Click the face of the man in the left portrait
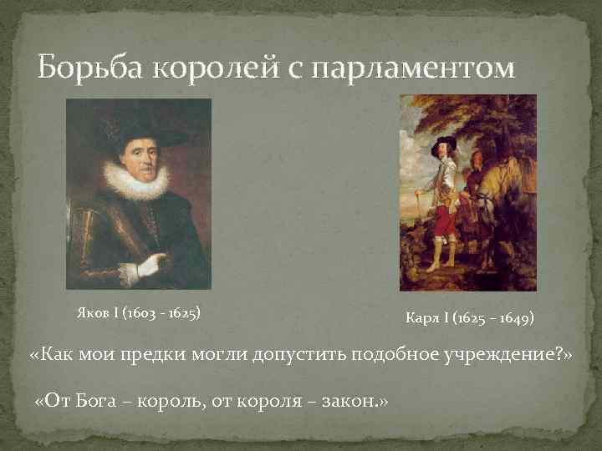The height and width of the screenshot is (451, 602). pos(135,155)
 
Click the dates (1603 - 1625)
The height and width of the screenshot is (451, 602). pos(161,314)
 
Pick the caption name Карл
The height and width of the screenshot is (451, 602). pos(421,318)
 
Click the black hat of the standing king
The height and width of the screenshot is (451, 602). pos(442,141)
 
